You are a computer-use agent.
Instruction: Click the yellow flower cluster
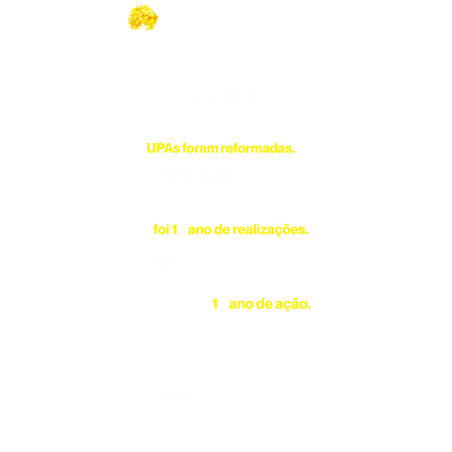(x=143, y=18)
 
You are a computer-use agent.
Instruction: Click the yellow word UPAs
(x=163, y=148)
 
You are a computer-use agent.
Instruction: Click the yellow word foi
(x=161, y=230)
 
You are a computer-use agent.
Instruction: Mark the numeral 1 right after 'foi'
(x=174, y=230)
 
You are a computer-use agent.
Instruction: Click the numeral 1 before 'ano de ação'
(x=215, y=304)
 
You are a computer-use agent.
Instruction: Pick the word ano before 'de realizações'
(x=200, y=230)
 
